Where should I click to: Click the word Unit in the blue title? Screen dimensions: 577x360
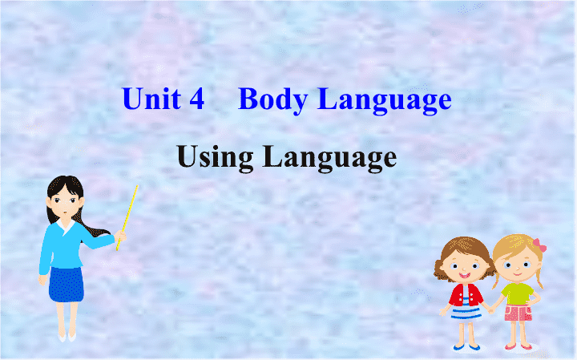pos(151,99)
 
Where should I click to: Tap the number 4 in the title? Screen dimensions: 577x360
pos(197,99)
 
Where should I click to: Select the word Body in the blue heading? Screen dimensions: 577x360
pos(273,100)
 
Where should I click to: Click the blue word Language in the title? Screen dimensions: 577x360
pos(385,100)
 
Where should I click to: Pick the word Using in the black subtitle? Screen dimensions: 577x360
pos(215,157)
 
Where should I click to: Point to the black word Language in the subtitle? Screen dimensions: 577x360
pos(329,157)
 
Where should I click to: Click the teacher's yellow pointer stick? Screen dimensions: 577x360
pos(127,217)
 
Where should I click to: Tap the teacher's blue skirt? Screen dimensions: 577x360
pos(67,284)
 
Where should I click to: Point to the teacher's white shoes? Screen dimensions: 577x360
pos(67,337)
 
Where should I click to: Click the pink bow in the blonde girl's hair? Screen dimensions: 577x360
pos(539,245)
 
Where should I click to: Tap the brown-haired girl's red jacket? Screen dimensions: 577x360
pos(466,295)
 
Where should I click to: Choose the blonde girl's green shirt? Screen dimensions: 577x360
pos(518,293)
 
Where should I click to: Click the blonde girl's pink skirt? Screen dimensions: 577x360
pos(518,313)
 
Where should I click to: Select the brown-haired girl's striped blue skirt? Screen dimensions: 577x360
pos(466,312)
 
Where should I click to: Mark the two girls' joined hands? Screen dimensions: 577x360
pos(491,310)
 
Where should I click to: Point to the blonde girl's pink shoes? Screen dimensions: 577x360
pos(518,346)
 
